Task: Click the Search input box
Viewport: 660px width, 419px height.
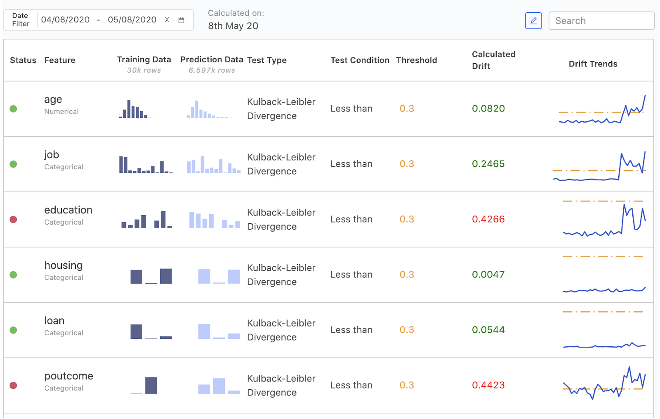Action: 601,21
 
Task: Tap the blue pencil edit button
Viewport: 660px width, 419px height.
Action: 533,21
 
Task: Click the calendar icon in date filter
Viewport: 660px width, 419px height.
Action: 181,20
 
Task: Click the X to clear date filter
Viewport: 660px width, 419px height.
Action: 167,20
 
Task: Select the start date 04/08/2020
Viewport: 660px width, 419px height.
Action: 65,20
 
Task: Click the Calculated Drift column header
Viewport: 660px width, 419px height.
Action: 493,60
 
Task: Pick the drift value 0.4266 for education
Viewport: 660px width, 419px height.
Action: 488,219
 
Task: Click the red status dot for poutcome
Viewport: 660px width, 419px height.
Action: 13,386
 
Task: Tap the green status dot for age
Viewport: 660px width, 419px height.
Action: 13,109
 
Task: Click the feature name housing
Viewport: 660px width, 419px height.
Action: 64,265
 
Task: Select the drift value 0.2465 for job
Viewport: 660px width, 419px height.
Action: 488,164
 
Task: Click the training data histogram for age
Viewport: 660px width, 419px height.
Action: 134,109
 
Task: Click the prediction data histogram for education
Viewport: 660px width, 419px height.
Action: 214,220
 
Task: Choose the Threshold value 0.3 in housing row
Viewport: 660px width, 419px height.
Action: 406,275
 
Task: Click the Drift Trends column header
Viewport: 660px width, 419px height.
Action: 593,64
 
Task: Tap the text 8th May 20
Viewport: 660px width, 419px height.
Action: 233,26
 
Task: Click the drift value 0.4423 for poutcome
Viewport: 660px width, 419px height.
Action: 488,385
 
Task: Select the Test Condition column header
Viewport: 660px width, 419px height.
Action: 360,60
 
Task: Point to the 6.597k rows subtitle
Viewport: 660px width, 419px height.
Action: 212,71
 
